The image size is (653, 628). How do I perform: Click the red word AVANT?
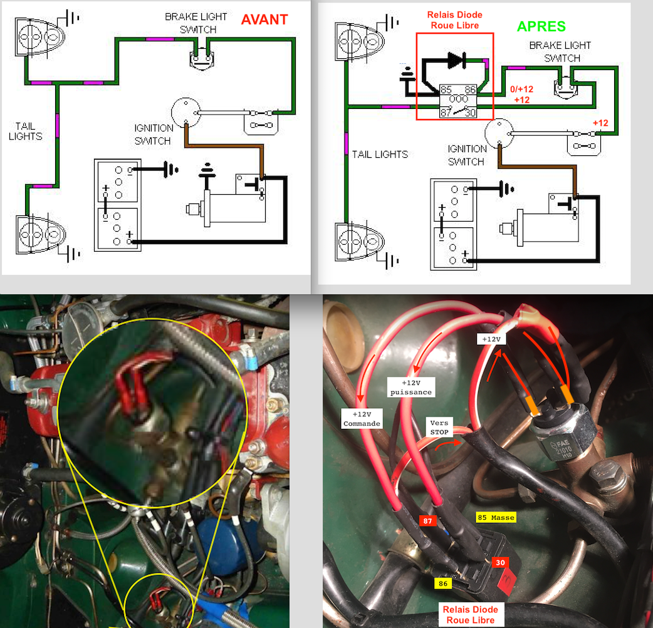point(264,19)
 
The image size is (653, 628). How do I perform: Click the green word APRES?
point(541,27)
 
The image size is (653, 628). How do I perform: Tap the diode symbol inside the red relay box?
point(457,60)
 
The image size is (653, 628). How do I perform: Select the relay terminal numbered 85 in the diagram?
point(446,90)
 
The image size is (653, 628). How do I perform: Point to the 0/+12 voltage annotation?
point(522,89)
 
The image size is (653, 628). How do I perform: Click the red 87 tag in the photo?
point(427,521)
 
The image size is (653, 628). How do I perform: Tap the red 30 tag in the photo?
point(500,563)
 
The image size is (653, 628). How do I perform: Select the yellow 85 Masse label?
point(496,517)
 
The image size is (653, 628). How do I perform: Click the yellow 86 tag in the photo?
point(442,584)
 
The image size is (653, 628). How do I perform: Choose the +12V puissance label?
point(411,388)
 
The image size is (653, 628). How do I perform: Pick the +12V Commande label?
point(362,419)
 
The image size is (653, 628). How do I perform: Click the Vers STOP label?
point(439,428)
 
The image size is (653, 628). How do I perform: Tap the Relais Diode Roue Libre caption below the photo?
point(470,615)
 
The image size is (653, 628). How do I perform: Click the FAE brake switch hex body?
point(562,443)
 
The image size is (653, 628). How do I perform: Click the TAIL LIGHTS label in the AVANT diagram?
point(26,131)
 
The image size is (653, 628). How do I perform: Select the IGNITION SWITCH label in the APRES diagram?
point(467,155)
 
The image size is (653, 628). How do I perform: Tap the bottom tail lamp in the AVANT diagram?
point(40,234)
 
